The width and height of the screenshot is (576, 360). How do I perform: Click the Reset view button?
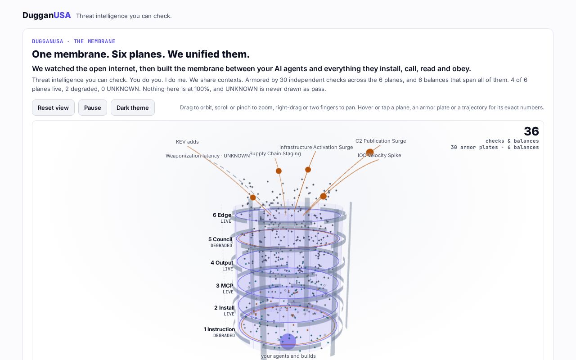coord(53,108)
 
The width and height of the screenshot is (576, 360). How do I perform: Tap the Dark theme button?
coord(132,108)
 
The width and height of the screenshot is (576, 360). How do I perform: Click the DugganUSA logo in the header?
coord(46,15)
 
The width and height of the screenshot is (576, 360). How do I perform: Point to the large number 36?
coord(531,131)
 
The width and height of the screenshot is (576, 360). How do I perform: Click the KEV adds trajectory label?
coord(187,142)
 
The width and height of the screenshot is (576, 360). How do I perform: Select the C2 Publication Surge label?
coord(381,141)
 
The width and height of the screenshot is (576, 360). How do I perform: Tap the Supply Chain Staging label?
coord(275,153)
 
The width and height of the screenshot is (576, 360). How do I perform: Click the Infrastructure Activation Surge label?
coord(316,147)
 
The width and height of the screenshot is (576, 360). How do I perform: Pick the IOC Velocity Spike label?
coord(379,155)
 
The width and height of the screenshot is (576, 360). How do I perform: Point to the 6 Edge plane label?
coord(222,215)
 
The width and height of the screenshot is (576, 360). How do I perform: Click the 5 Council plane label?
coord(220,239)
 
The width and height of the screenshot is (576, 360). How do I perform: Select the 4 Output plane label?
coord(222,262)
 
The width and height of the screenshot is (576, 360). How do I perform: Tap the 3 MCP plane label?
coord(225,286)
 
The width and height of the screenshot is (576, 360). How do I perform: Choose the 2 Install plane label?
coord(224,308)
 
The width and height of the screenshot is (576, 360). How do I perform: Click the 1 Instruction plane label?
coord(219,329)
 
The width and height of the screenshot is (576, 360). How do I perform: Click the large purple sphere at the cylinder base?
coord(288,342)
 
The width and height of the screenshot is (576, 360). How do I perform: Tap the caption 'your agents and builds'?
coord(288,356)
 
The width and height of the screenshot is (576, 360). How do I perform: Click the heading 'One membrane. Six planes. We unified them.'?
coord(141,54)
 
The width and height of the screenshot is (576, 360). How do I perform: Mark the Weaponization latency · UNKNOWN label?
coord(207,156)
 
